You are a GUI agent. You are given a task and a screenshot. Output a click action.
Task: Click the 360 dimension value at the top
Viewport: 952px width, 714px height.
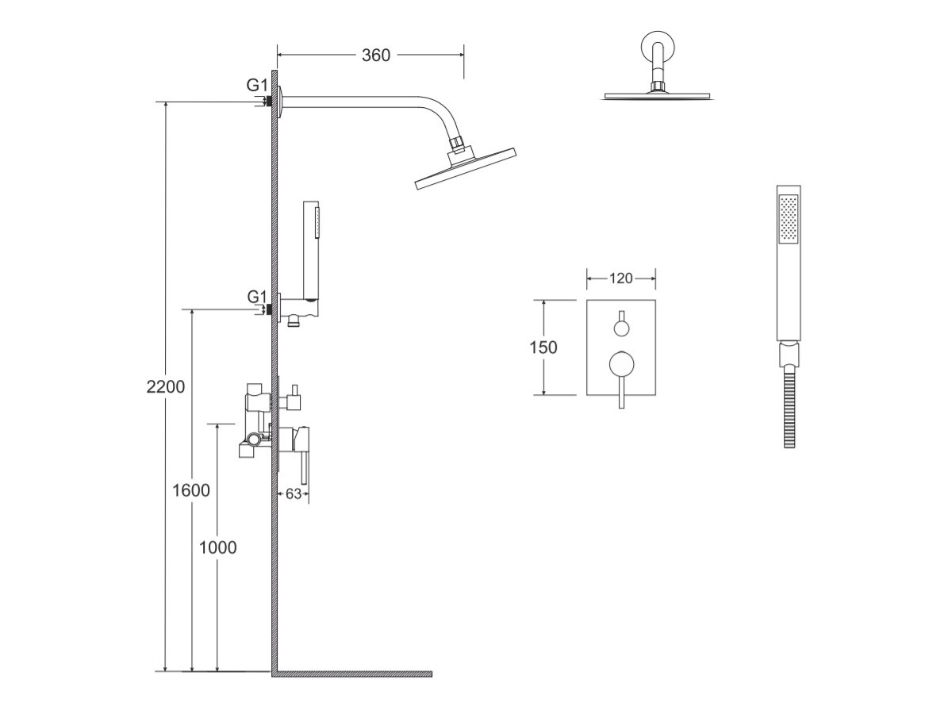tap(376, 55)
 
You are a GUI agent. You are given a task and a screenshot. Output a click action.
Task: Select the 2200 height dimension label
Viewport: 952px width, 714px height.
tap(166, 387)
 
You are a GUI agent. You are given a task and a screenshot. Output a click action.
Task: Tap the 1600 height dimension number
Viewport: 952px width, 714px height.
tap(191, 490)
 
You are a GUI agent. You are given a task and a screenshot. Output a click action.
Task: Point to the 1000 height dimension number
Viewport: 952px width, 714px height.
tap(217, 547)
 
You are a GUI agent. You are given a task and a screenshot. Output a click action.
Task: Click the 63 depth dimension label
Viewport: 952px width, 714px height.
tap(294, 493)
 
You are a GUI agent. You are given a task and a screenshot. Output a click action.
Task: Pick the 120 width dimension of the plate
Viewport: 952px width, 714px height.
tap(620, 278)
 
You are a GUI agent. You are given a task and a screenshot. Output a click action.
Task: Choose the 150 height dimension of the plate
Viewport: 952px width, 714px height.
tap(543, 347)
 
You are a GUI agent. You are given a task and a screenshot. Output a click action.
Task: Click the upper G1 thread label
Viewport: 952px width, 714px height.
tap(256, 84)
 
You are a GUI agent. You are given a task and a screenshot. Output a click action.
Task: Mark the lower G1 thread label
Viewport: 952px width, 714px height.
tap(256, 297)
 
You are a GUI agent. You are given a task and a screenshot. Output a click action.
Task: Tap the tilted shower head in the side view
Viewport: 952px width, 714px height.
tap(466, 168)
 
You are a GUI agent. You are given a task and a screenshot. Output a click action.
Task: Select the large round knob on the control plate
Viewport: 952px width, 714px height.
tap(621, 363)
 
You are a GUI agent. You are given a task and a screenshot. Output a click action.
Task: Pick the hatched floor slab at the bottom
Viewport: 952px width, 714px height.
tap(353, 674)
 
